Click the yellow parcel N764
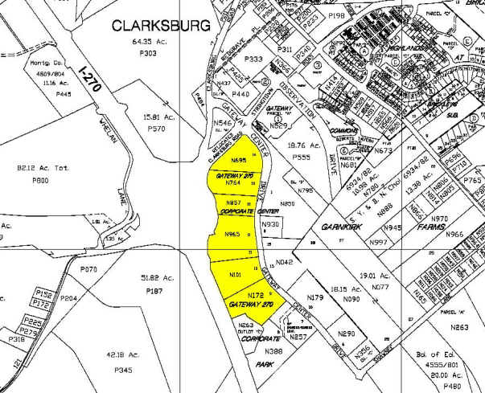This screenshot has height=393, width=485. [x=234, y=183]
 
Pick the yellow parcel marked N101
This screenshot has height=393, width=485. [x=236, y=274]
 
